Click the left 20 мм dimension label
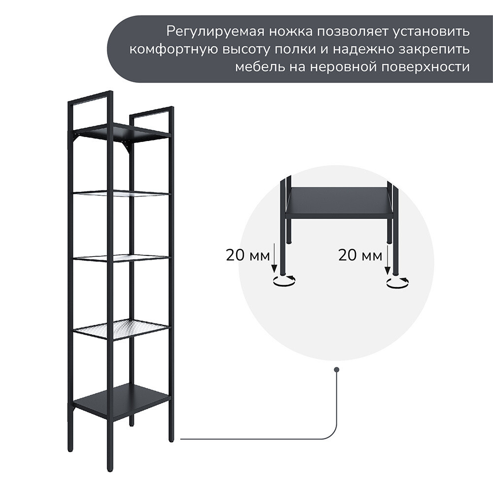click(248, 255)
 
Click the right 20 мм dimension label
click(360, 255)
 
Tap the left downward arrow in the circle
click(275, 258)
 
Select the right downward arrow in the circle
click(387, 258)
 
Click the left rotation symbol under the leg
click(284, 281)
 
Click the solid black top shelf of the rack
click(121, 132)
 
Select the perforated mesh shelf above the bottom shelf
click(122, 328)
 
